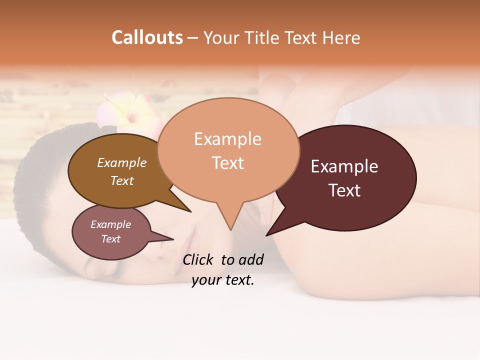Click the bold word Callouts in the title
147,37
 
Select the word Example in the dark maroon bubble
344,166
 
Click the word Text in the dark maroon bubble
344,190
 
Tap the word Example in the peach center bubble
227,139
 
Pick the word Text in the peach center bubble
227,163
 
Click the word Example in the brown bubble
122,162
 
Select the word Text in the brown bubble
122,180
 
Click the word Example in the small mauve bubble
111,224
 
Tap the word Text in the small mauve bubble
111,239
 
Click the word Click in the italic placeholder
199,259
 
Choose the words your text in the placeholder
223,280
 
